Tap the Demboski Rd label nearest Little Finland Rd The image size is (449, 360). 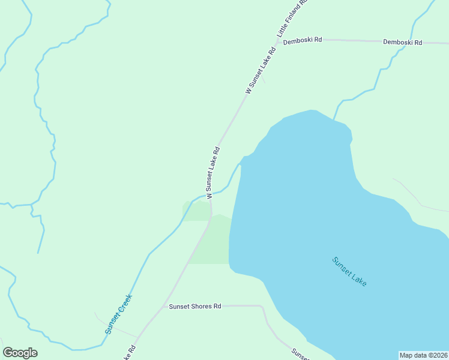pyautogui.click(x=303, y=40)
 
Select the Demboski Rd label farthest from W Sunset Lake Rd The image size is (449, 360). pyautogui.click(x=403, y=43)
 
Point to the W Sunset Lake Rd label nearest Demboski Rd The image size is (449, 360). pyautogui.click(x=261, y=70)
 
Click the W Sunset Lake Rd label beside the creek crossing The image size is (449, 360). pyautogui.click(x=213, y=172)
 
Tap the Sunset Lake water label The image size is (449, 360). pyautogui.click(x=349, y=271)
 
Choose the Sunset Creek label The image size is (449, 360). pyautogui.click(x=118, y=314)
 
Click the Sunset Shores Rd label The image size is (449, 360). pyautogui.click(x=194, y=306)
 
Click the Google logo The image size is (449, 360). pyautogui.click(x=20, y=353)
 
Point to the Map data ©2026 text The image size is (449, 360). pyautogui.click(x=423, y=355)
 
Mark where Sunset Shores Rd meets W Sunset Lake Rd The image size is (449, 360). pyautogui.click(x=163, y=307)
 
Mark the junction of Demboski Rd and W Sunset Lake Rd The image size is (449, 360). pyautogui.click(x=277, y=41)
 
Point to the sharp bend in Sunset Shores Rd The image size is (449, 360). pyautogui.click(x=262, y=307)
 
